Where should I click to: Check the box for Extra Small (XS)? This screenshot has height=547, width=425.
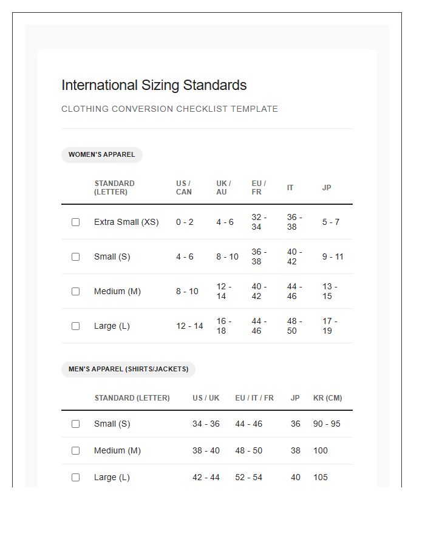coord(75,222)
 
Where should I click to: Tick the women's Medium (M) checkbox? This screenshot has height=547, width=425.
coord(75,292)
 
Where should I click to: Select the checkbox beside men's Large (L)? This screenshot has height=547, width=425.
coord(75,478)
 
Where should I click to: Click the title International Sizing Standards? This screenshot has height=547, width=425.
coord(154,85)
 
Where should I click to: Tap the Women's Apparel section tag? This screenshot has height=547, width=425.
coord(101,155)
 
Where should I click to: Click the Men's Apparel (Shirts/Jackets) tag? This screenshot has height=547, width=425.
coord(128,369)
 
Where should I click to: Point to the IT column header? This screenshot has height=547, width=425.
coord(290,188)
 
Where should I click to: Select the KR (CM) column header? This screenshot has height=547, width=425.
coord(327,398)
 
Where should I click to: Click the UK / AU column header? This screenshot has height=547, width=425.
coord(223,188)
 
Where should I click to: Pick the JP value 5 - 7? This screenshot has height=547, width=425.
coord(331,222)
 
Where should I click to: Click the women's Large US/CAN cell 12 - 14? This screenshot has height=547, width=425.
coord(189,326)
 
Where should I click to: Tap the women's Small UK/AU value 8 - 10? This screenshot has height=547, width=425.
coord(227,257)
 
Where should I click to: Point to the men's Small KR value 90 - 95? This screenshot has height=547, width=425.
coord(327,424)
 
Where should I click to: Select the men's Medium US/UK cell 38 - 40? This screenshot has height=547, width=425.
coord(206,451)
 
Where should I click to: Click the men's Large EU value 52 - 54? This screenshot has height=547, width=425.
coord(248,478)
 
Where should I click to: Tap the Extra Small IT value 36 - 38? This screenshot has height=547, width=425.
coord(294,222)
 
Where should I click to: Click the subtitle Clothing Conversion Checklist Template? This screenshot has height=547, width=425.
coord(169,109)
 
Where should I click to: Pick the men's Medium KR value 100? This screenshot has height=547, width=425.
coord(320,451)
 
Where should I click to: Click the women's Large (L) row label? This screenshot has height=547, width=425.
coord(112,326)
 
